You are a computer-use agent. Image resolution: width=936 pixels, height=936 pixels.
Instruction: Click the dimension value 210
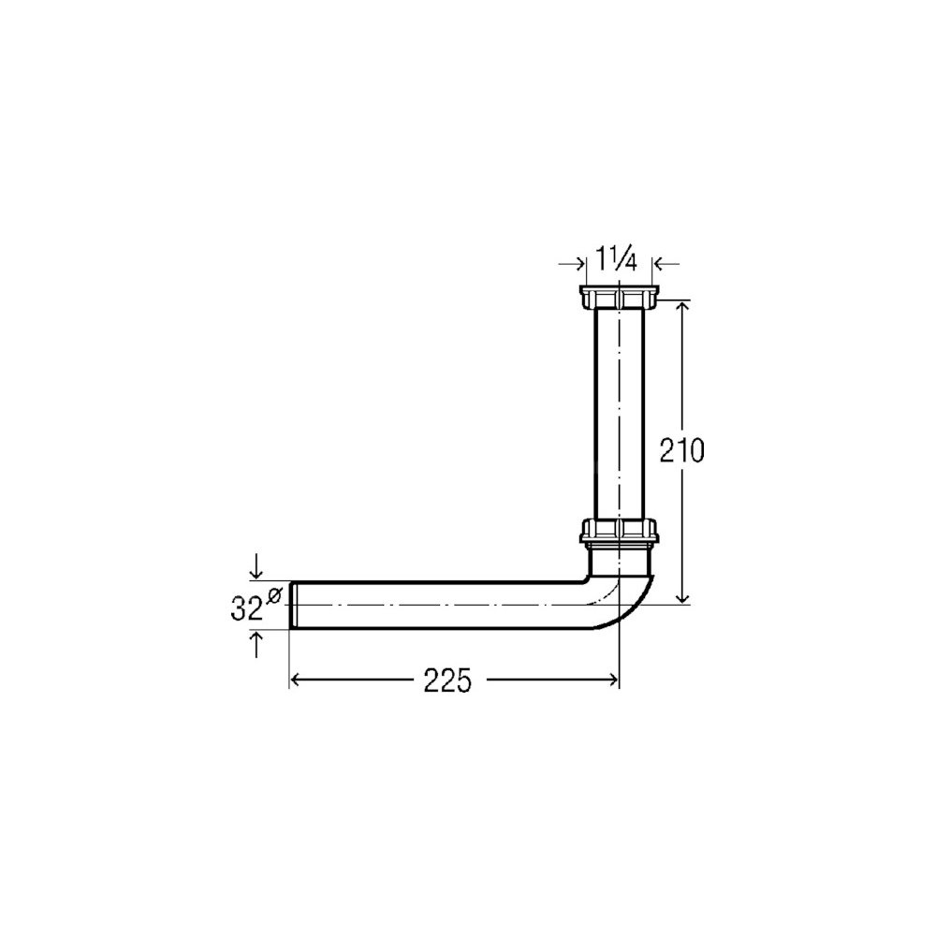click(681, 451)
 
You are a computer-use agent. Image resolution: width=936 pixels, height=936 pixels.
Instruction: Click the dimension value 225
click(447, 680)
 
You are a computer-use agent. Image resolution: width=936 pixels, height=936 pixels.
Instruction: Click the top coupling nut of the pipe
click(619, 298)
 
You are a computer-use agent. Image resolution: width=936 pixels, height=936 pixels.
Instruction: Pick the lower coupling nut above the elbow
click(619, 532)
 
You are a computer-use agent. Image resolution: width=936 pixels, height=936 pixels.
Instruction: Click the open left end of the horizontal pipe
click(292, 604)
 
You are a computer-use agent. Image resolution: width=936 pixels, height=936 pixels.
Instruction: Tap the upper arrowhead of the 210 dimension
click(684, 306)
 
